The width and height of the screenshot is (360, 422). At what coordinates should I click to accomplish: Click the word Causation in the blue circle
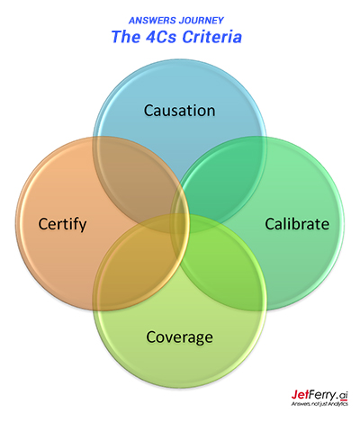click(179, 111)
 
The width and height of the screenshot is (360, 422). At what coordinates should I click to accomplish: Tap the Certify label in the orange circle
click(62, 224)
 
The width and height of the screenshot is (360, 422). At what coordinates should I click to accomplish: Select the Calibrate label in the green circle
click(297, 224)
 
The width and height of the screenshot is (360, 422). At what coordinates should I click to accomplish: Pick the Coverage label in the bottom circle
click(179, 337)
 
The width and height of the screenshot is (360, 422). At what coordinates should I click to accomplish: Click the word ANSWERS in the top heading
click(152, 21)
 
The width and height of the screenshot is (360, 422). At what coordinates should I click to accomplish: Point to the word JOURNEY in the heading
click(202, 21)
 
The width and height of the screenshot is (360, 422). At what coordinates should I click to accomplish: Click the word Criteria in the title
click(212, 37)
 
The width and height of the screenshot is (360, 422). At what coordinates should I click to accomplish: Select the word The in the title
click(126, 37)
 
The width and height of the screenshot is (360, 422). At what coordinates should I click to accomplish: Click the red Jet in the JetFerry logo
click(301, 394)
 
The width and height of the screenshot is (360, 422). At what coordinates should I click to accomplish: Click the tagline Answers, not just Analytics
click(319, 404)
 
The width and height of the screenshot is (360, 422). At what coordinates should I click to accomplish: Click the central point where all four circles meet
click(180, 223)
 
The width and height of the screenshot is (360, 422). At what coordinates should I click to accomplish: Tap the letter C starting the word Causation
click(148, 111)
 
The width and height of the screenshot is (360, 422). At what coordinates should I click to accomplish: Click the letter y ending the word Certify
click(83, 227)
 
